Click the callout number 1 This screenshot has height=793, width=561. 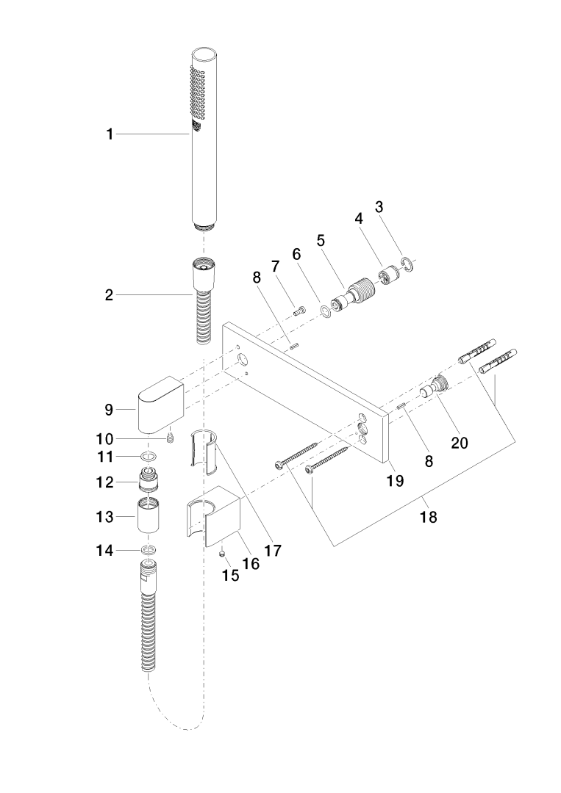tap(110, 134)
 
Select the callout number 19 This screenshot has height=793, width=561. tap(396, 481)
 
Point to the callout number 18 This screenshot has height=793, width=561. tap(428, 517)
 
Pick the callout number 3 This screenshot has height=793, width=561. tap(379, 207)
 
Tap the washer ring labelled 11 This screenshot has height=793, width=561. tap(148, 457)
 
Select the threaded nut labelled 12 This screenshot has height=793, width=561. tap(149, 482)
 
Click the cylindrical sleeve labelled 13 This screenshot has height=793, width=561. tap(149, 518)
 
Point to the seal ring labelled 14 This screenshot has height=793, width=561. tap(149, 549)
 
